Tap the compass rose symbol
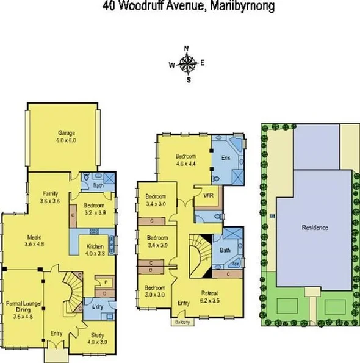[x=189, y=63]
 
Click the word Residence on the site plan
[x=315, y=228]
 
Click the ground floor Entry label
[x=57, y=333]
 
